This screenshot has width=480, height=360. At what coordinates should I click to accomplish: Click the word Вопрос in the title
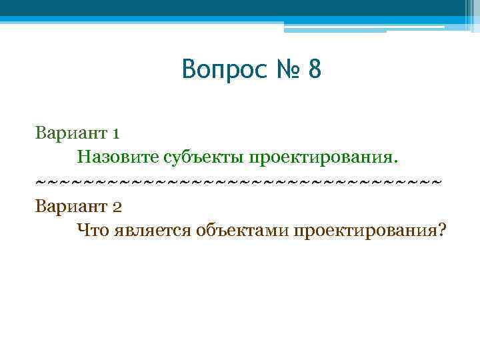(x=222, y=69)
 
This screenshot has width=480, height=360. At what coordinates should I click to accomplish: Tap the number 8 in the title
(x=315, y=69)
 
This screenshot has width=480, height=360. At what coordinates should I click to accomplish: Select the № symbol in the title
(x=285, y=69)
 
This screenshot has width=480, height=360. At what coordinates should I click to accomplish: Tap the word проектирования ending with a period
(x=323, y=157)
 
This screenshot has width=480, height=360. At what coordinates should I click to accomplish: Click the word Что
(x=91, y=230)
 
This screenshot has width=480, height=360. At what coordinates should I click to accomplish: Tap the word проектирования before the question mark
(x=361, y=231)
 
